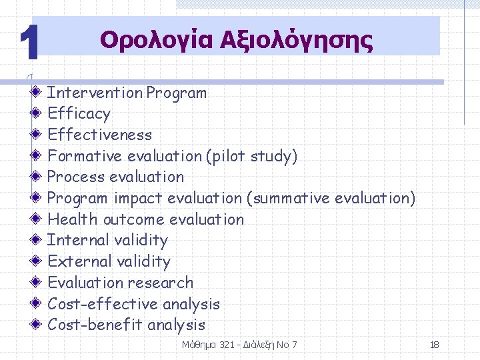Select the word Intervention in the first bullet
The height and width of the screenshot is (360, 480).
coord(95,93)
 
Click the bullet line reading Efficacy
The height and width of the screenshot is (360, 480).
coord(79,114)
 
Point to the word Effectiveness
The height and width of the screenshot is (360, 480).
coord(100,135)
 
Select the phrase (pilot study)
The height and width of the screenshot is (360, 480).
coord(252,156)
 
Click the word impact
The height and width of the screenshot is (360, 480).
coord(139,198)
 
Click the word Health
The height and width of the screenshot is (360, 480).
coord(72,219)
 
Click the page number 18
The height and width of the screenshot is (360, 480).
coord(434,345)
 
